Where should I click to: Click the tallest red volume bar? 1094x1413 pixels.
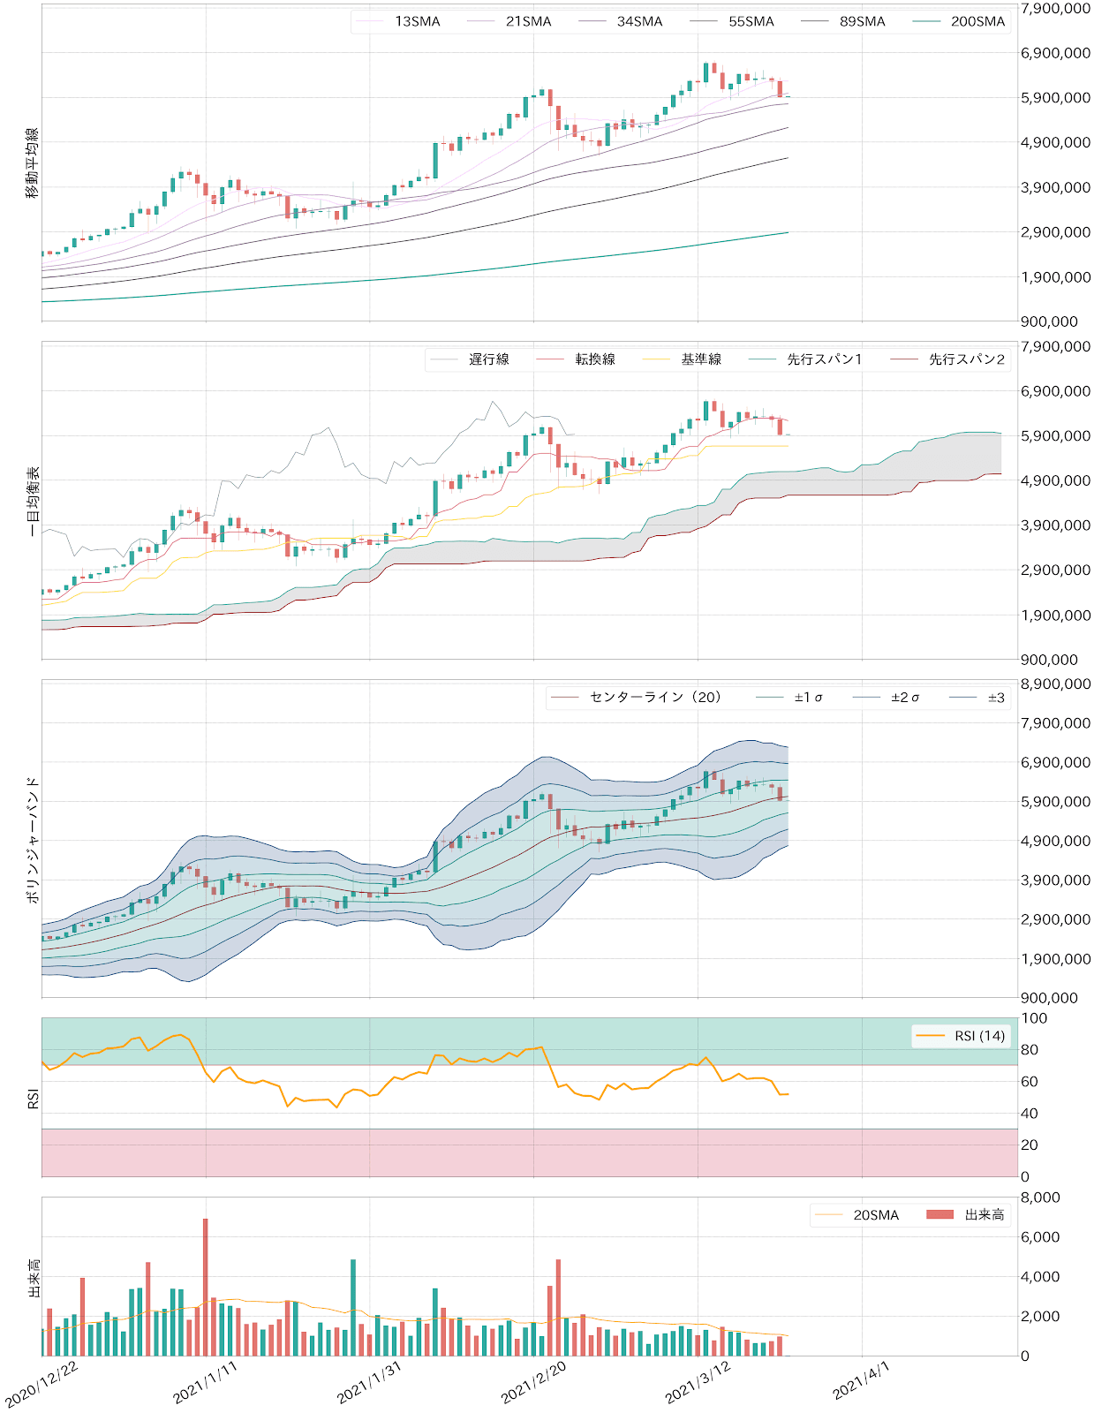pos(206,1287)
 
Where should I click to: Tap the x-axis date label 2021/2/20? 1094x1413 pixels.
pos(533,1382)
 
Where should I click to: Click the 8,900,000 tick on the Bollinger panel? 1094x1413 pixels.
pos(1055,684)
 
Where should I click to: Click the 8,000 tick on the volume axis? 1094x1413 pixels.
pos(1040,1198)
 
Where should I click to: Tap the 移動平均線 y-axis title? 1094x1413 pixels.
pos(33,162)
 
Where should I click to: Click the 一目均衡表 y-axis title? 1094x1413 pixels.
pos(33,501)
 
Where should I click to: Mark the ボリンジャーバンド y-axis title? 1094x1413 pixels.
pos(33,839)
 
